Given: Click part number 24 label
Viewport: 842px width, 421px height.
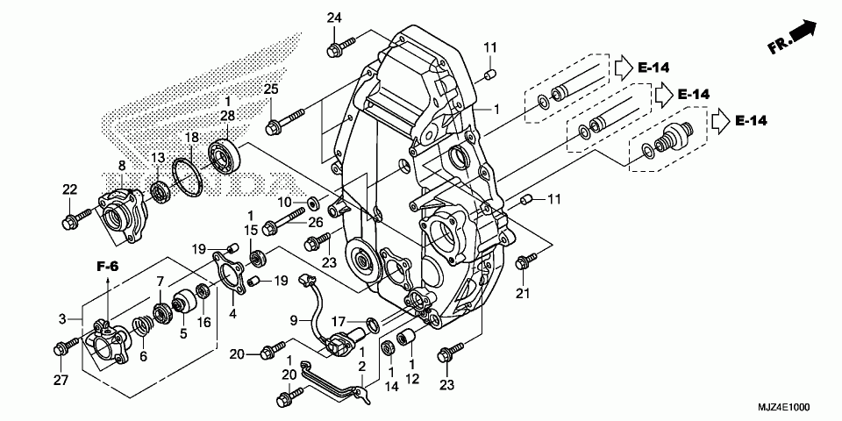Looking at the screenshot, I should click(334, 18).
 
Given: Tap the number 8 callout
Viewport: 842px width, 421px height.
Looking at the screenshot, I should click(121, 166).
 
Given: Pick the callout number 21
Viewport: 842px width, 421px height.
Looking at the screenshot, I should click(523, 292).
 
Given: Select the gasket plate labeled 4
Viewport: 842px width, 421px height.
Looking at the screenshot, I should click(231, 273).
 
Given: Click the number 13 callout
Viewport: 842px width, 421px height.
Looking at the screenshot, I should click(159, 157).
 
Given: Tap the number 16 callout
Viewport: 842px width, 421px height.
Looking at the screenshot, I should click(203, 323).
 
